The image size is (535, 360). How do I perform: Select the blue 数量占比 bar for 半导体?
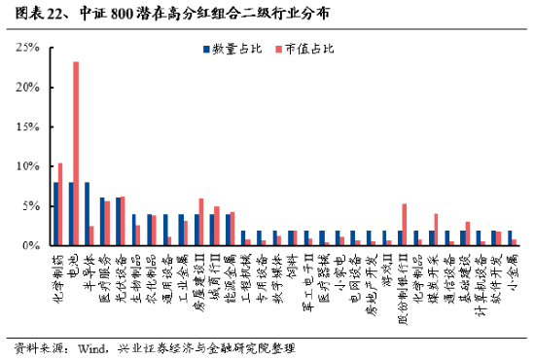tap(88, 214)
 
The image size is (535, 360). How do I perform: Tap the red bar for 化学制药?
tap(61, 204)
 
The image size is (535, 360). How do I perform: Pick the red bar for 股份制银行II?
tap(404, 225)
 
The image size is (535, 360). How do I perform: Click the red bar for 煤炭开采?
tap(435, 230)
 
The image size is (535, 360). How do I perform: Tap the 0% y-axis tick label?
tap(29, 246)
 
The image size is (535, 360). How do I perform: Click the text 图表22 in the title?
tap(29, 14)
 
